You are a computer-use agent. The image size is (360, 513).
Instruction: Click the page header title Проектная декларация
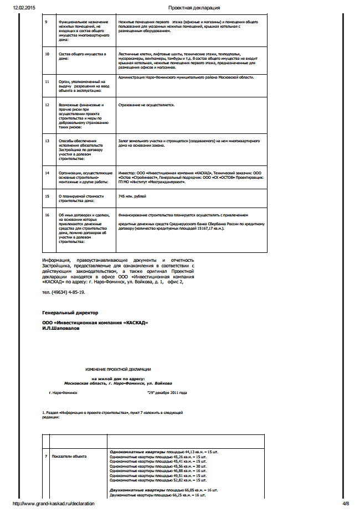(194, 8)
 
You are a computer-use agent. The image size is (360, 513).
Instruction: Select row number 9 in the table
(47, 22)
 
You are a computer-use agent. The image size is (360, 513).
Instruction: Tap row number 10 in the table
(47, 54)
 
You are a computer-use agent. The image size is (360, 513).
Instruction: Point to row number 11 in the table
(47, 81)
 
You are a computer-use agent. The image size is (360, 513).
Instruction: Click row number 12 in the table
(47, 105)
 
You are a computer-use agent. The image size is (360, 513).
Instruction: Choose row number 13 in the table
(47, 141)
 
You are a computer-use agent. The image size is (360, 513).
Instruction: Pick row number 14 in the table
(47, 173)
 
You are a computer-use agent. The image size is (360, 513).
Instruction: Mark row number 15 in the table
(47, 196)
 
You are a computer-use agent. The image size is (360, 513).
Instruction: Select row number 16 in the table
(47, 215)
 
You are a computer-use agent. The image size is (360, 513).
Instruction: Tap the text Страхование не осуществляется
(147, 105)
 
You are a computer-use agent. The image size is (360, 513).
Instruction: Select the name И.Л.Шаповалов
(60, 328)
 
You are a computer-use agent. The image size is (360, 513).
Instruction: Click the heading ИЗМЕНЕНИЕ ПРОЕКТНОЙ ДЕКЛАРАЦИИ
(118, 369)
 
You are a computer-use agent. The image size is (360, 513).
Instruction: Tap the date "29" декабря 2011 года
(167, 392)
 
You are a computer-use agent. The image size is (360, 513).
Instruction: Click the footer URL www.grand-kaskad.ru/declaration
(53, 504)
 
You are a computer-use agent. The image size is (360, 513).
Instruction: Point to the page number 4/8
(346, 504)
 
